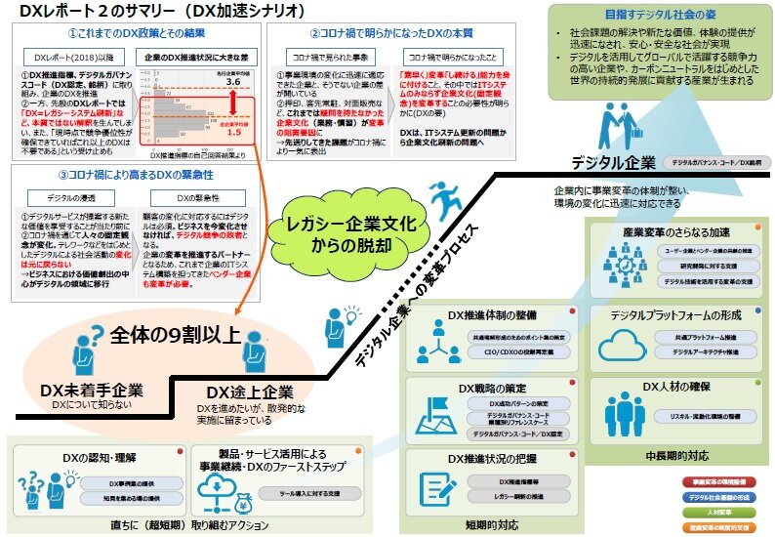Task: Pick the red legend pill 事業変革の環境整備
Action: tap(721, 483)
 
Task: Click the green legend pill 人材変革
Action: tap(721, 511)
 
